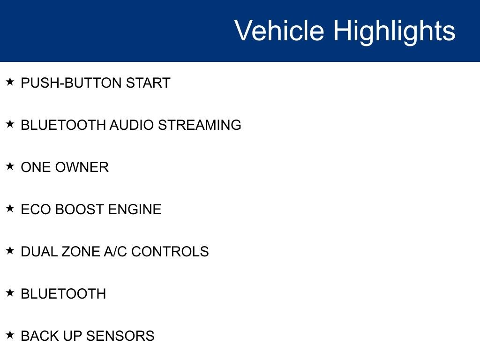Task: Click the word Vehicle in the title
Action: click(279, 30)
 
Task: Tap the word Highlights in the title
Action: click(394, 30)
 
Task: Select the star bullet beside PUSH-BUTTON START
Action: click(10, 82)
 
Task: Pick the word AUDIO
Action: click(132, 125)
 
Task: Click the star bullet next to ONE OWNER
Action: click(10, 166)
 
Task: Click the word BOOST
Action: click(80, 210)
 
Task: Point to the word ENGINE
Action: click(135, 210)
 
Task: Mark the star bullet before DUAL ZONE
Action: click(10, 251)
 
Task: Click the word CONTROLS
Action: click(170, 252)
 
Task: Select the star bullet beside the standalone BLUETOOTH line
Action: click(10, 293)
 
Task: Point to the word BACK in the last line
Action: click(38, 336)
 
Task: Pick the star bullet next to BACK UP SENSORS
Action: click(10, 335)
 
